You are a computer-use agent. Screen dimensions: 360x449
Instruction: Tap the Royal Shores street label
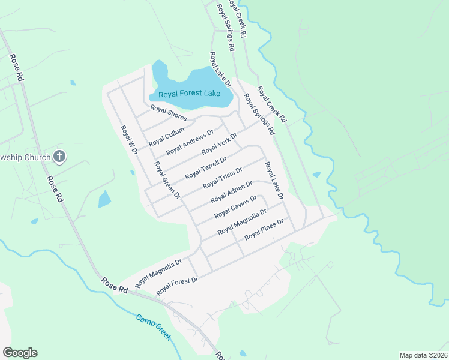169,113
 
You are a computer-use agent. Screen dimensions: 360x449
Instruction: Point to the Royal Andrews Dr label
190,142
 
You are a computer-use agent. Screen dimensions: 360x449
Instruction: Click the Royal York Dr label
219,143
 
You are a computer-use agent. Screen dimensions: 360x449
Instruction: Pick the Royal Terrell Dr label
205,168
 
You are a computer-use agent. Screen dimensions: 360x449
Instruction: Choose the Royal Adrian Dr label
232,192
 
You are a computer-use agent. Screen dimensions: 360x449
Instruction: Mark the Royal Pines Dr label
264,230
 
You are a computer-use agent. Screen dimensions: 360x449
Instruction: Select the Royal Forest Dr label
177,285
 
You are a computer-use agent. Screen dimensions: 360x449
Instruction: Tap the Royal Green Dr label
167,179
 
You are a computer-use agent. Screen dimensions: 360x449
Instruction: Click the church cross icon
59,157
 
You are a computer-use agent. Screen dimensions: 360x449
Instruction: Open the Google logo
20,353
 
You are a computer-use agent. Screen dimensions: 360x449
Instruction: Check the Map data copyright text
423,355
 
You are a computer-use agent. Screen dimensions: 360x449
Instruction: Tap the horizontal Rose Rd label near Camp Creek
115,285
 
